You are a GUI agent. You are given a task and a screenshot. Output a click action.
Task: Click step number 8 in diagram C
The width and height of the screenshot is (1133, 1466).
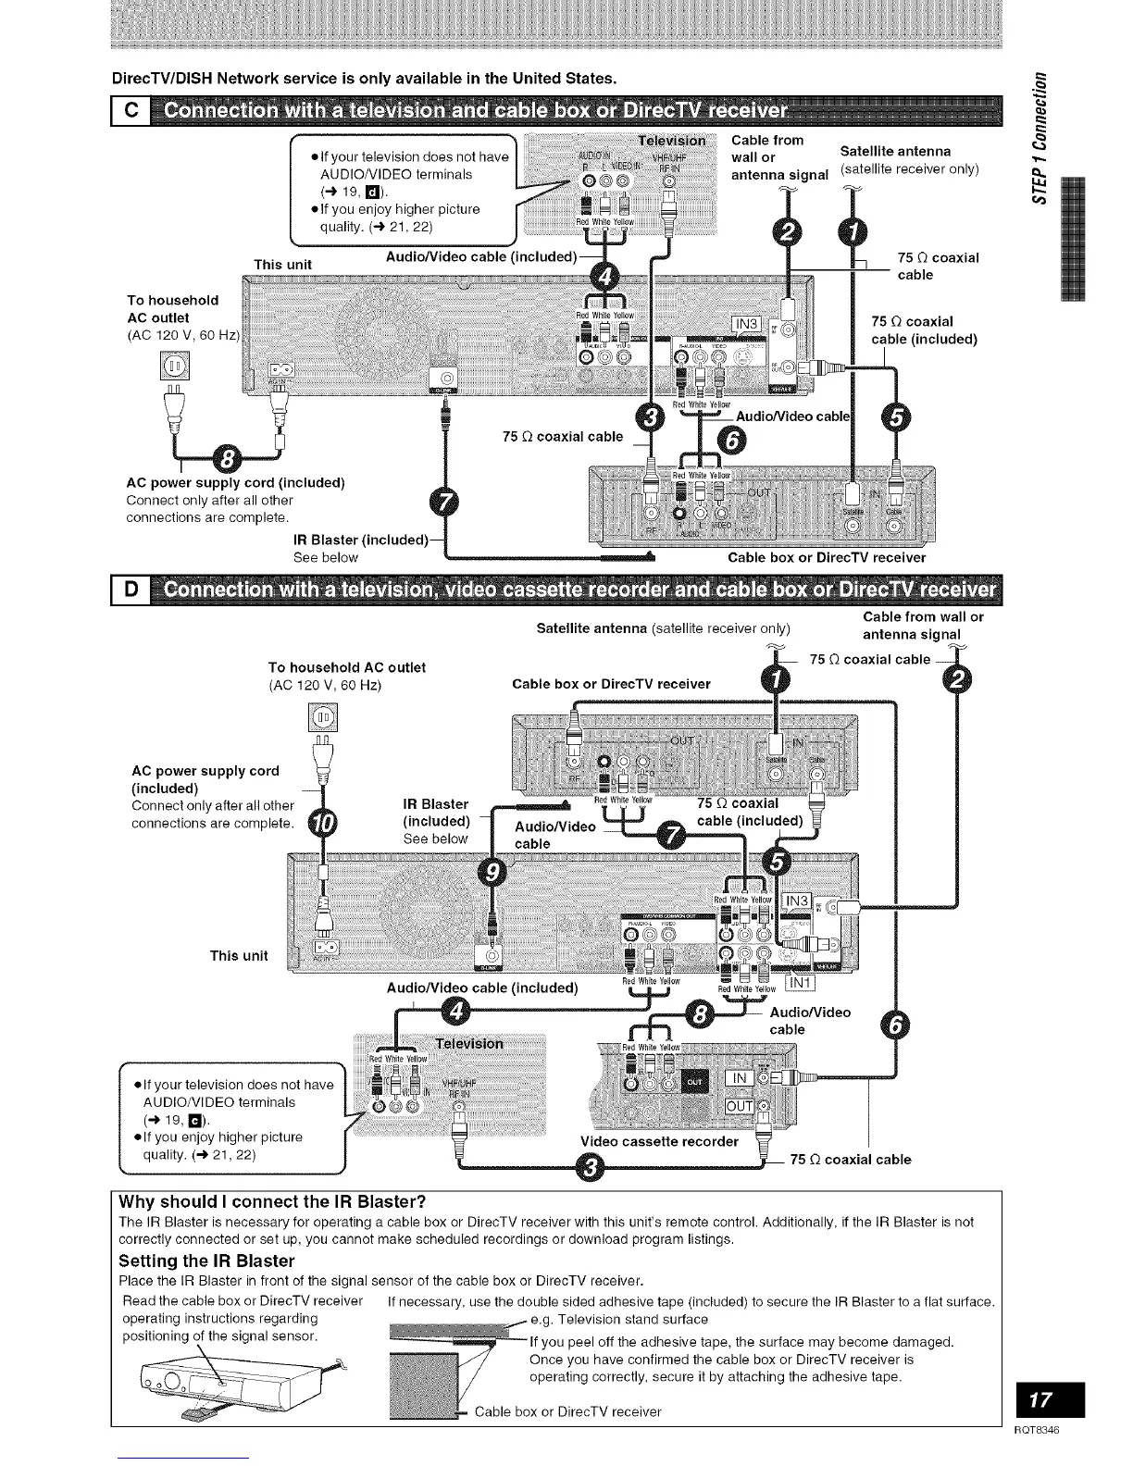click(x=225, y=457)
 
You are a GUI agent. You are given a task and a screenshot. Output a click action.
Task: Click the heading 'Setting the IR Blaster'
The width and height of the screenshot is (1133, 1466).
click(x=206, y=1261)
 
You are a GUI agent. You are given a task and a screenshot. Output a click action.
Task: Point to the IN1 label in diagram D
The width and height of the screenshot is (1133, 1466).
click(x=799, y=982)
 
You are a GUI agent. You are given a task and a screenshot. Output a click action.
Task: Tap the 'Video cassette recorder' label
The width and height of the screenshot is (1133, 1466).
click(x=659, y=1141)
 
